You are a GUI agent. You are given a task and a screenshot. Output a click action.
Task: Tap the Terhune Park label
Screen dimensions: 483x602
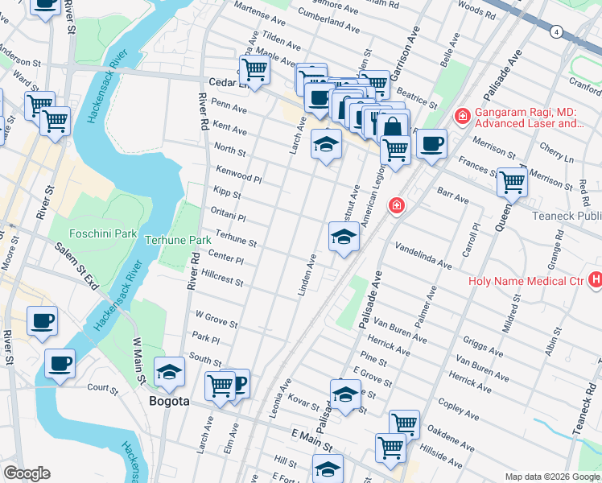[x=177, y=240]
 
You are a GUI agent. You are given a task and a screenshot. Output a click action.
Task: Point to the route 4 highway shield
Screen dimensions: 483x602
[x=556, y=31]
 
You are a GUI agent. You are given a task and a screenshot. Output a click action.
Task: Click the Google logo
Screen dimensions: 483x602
[x=26, y=473]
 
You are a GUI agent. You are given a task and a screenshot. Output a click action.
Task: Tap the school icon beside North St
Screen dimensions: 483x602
[x=327, y=145]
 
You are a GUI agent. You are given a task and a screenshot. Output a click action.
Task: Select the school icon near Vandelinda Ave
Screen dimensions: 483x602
[x=344, y=237]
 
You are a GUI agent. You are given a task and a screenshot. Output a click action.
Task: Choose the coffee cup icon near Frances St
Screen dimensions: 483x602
[x=431, y=144]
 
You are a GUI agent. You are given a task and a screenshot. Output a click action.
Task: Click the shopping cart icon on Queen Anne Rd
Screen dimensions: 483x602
[x=512, y=183]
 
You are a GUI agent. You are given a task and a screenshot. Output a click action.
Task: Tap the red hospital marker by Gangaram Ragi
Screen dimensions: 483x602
[x=462, y=117]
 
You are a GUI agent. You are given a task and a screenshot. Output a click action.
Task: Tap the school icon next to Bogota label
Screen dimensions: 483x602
[x=170, y=372]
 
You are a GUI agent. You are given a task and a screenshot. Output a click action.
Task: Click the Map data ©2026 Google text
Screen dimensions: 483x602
[x=551, y=477]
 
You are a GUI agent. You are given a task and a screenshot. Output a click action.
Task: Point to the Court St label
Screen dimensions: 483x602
[x=103, y=389]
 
